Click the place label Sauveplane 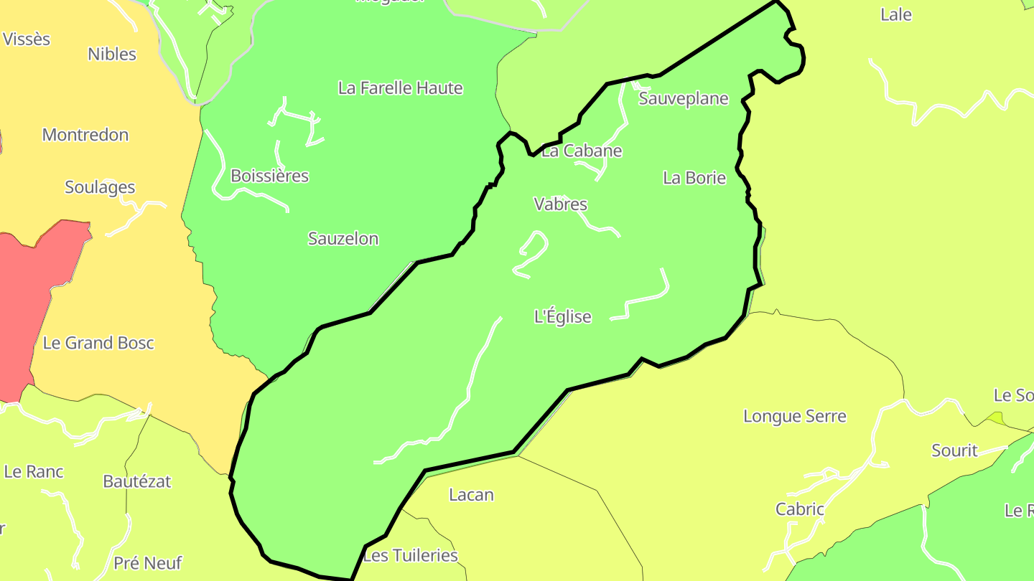(684, 99)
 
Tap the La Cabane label (582, 151)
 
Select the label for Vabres (561, 204)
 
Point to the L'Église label (563, 316)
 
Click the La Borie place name (694, 178)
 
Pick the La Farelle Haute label (401, 88)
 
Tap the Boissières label (269, 176)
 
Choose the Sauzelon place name (343, 239)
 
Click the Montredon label (85, 135)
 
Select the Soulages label (100, 187)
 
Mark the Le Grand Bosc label (98, 343)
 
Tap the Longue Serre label (795, 416)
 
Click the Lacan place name (471, 495)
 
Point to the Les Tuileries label (411, 555)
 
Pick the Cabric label (800, 509)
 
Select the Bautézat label (137, 481)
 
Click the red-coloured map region (36, 301)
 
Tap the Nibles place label (112, 54)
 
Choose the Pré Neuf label (148, 563)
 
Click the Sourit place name (954, 450)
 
